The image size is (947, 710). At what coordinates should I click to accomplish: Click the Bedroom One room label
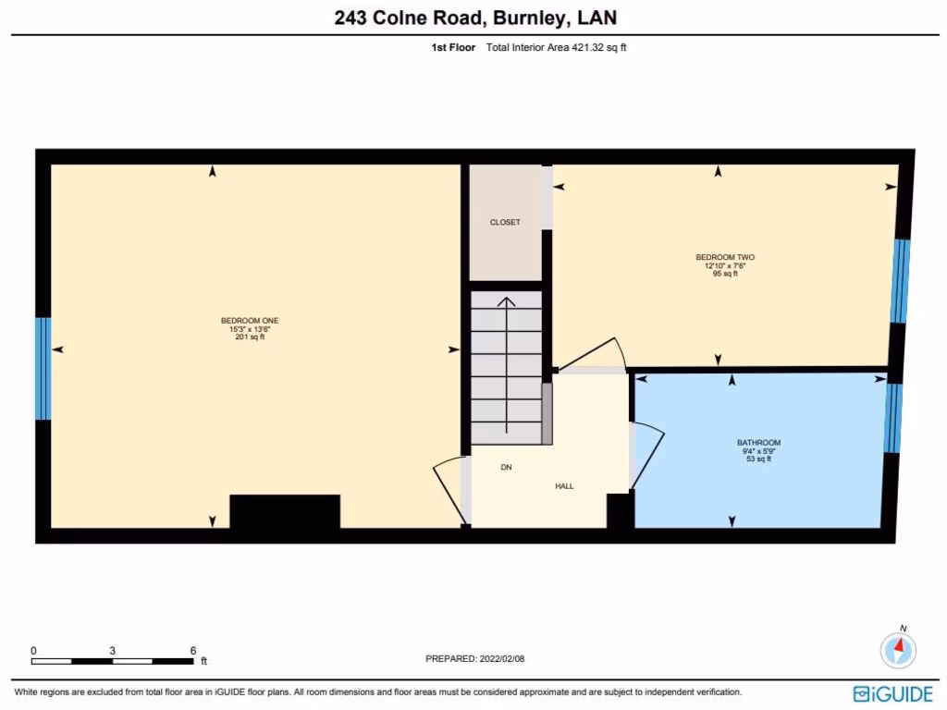250,321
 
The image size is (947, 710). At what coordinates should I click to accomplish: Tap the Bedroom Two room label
719,257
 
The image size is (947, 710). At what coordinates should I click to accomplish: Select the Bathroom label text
758,443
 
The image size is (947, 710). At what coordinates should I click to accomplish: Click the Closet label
505,223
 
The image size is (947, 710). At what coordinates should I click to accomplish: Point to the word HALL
564,485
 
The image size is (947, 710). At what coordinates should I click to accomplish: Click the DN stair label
506,468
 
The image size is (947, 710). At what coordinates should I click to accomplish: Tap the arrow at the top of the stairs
506,302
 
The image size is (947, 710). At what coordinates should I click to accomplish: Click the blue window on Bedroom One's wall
43,368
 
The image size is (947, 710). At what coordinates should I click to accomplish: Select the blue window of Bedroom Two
900,281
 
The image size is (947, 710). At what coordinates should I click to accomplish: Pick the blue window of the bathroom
892,418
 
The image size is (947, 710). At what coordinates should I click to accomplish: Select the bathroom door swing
647,453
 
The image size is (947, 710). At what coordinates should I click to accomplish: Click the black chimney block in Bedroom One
285,511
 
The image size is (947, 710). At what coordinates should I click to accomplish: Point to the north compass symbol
899,649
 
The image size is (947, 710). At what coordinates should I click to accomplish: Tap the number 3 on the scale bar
112,651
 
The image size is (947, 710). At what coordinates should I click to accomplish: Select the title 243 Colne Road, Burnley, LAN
473,18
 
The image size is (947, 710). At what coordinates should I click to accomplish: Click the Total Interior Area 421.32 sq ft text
556,48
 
